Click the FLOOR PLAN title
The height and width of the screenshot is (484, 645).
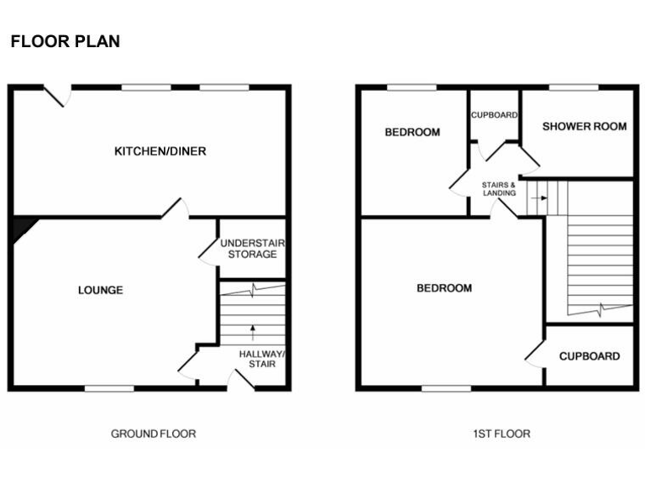pos(65,41)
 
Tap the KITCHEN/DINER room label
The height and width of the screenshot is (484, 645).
pos(160,151)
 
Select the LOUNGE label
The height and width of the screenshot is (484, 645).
pos(101,290)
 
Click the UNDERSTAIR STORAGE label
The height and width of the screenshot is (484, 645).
pos(252,249)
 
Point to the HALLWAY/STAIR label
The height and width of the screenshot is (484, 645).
pos(261,360)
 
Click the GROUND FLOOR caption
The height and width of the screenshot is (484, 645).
pos(154,434)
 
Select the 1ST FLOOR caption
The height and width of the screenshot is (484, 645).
pos(501,434)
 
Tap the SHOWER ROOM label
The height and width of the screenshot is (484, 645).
pos(585,127)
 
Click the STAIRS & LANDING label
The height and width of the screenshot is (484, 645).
pos(499,188)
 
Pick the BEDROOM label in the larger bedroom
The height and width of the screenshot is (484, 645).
pos(444,288)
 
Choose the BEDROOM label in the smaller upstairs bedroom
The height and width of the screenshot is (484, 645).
pos(412,132)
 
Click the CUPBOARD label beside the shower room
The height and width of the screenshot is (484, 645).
pos(494,115)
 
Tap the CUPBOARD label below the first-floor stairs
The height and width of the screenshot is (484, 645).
pos(590,356)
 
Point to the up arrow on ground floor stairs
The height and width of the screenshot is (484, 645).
pos(253,331)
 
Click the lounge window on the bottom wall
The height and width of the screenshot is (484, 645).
pos(109,388)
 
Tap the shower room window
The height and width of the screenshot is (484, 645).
pos(574,87)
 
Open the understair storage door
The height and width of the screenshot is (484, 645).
pos(207,250)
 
